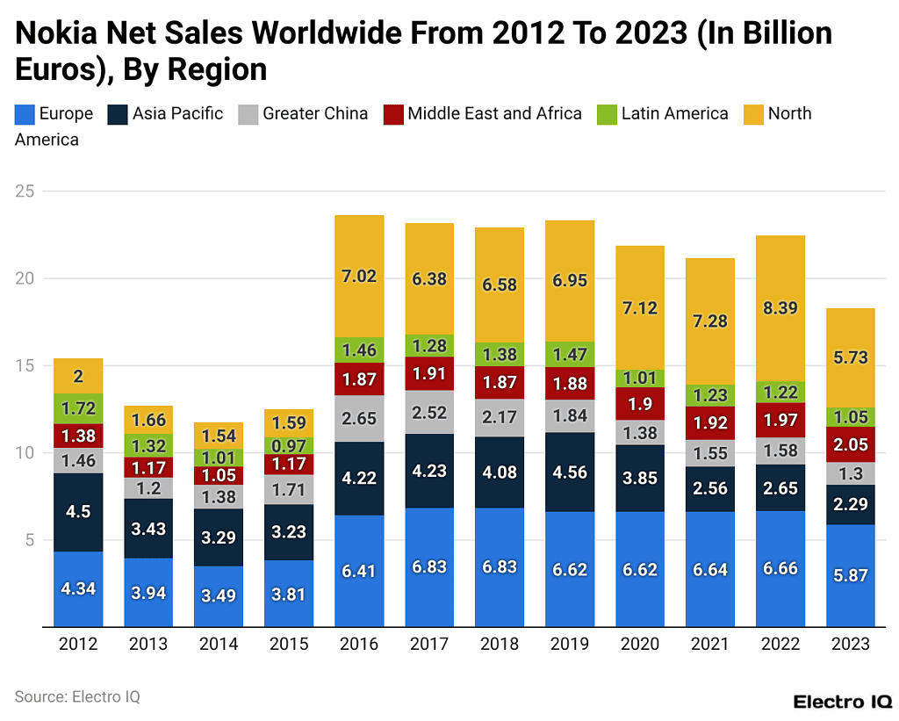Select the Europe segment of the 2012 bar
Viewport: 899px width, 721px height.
[79, 589]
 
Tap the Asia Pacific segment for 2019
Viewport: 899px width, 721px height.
[570, 472]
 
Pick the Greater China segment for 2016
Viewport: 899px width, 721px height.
[359, 418]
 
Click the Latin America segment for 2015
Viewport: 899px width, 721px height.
[289, 445]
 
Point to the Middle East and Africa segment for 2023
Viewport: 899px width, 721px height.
[851, 444]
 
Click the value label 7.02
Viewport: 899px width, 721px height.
[359, 276]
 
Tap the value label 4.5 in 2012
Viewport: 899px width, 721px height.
[79, 512]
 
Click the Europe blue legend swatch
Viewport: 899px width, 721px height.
[25, 113]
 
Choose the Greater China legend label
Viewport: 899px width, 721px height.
[315, 113]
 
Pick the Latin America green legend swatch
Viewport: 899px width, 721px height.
[607, 113]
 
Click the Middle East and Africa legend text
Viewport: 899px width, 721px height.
[494, 113]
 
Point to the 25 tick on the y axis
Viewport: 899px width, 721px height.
[25, 191]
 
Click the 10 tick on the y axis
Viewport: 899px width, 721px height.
[25, 453]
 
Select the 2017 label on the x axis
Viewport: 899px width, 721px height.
[429, 645]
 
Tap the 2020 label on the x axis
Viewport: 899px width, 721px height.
[640, 645]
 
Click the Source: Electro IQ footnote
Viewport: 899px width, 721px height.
[77, 696]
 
